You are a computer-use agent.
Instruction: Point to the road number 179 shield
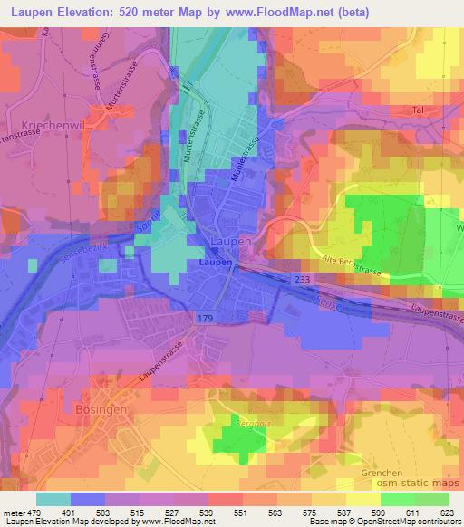tap(205, 316)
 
